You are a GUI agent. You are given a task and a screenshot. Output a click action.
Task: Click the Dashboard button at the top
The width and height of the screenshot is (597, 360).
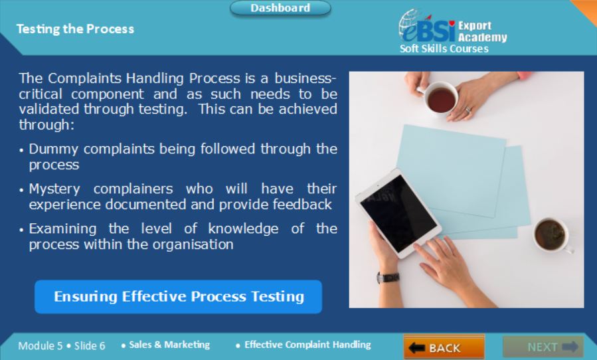point(280,8)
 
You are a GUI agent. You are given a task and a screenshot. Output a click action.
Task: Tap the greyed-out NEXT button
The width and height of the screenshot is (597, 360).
point(543,347)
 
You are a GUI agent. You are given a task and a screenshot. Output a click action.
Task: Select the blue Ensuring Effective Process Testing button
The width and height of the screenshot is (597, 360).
point(178,296)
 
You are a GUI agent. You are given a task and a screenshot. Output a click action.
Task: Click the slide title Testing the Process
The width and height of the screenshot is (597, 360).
point(75,29)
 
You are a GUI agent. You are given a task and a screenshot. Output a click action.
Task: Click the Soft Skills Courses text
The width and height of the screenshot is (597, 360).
point(444,48)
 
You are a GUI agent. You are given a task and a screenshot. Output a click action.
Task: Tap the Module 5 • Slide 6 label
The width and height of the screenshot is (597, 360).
point(61,345)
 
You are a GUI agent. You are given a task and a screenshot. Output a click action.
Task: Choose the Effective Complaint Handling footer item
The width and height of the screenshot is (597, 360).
point(307,345)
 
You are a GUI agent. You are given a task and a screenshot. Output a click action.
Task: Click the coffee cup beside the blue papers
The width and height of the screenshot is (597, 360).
point(550,234)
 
